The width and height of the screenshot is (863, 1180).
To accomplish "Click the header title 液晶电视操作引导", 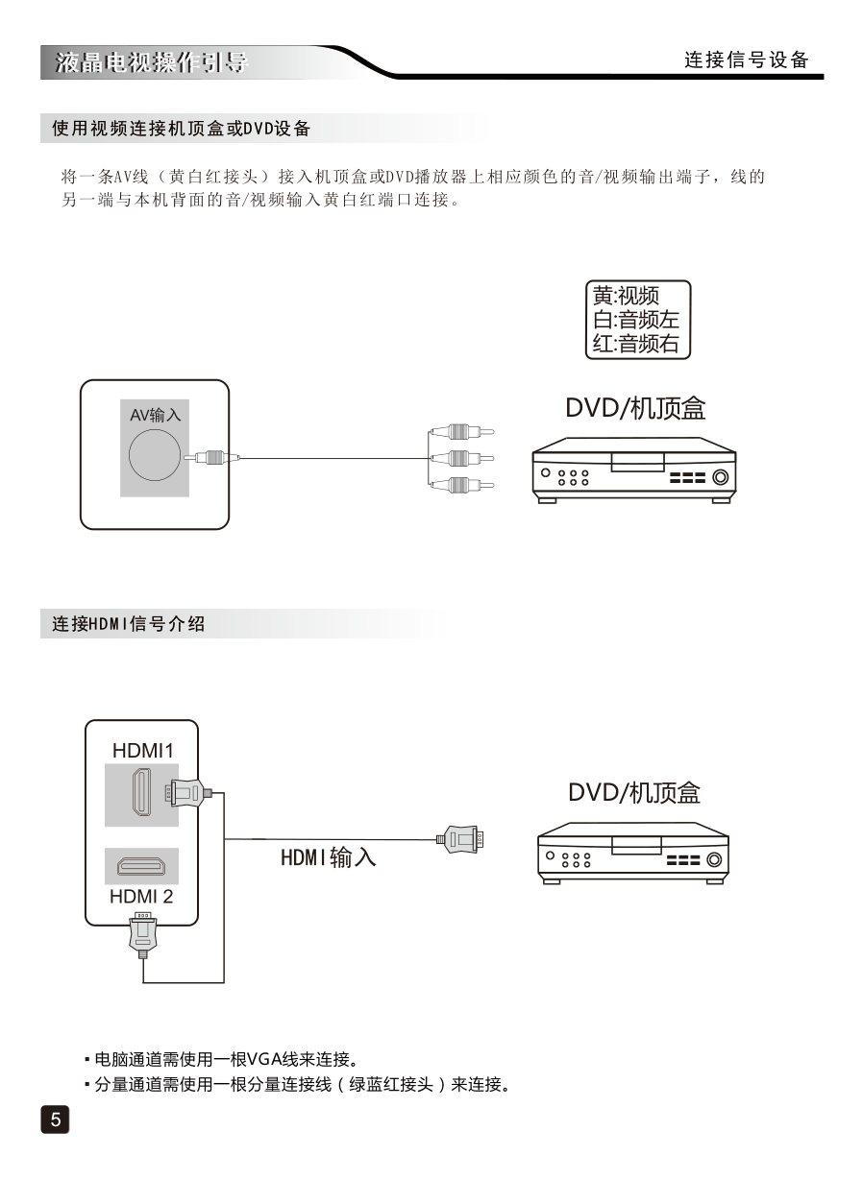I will point(151,63).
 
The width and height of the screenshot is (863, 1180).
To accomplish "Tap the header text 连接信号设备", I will point(747,60).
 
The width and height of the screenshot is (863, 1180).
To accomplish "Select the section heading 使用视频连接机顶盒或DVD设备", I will point(181,128).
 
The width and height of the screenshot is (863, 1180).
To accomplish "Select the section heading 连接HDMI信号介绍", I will point(129,624).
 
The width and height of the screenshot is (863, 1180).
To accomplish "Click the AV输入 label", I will point(156,415).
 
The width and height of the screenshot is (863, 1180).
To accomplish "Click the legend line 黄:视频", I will point(627,296).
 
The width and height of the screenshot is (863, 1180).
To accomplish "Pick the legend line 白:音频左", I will point(636,320).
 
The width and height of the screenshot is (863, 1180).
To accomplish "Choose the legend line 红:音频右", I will point(636,344).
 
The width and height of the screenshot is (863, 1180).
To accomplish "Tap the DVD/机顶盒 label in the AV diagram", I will point(635,409).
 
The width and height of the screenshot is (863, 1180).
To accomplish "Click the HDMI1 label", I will point(142,751).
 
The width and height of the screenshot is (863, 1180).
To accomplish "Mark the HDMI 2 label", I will point(141,897).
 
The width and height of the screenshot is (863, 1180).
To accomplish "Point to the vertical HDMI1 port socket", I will point(140,794).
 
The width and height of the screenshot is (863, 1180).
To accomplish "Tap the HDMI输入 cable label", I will point(328,856).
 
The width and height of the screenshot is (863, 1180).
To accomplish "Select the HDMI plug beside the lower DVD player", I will point(462,839).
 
